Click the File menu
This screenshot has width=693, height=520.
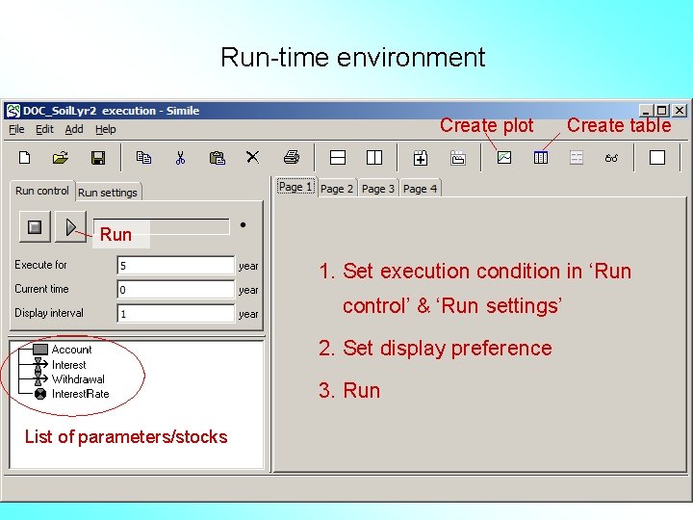[x=16, y=129]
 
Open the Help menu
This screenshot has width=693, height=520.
[x=106, y=129]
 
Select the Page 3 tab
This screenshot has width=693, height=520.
[x=378, y=189]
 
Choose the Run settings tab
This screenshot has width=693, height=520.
[x=108, y=193]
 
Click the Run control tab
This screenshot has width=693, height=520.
[x=42, y=191]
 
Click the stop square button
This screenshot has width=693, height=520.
[x=35, y=227]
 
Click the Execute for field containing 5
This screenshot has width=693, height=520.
[x=176, y=266]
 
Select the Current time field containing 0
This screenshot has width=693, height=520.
[x=176, y=290]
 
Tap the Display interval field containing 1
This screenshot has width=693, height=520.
[x=176, y=314]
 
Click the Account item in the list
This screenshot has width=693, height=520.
[x=71, y=350]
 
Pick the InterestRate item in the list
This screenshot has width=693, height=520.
[x=80, y=394]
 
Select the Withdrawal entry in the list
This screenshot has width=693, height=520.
[x=78, y=379]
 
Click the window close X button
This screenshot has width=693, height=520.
[x=680, y=111]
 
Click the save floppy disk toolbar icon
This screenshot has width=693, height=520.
[x=97, y=157]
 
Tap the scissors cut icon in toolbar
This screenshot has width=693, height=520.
[x=180, y=157]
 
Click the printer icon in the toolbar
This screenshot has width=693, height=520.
[x=292, y=157]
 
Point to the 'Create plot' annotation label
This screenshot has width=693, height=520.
[x=486, y=125]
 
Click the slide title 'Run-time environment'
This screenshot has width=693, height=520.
[x=352, y=57]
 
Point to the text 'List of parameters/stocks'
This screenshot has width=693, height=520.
[x=126, y=437]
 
